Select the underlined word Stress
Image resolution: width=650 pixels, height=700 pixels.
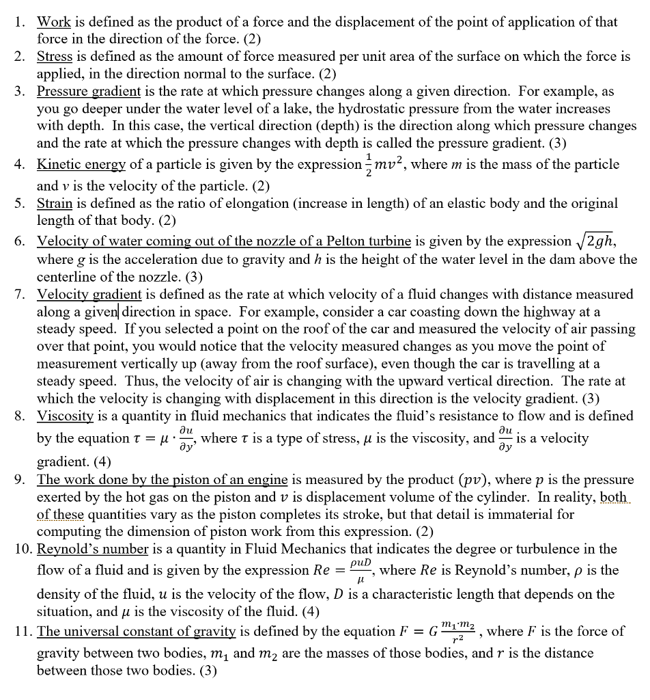tap(54, 57)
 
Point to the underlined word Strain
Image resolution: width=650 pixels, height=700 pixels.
tap(53, 204)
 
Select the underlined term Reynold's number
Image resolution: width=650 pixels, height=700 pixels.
tap(92, 549)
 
